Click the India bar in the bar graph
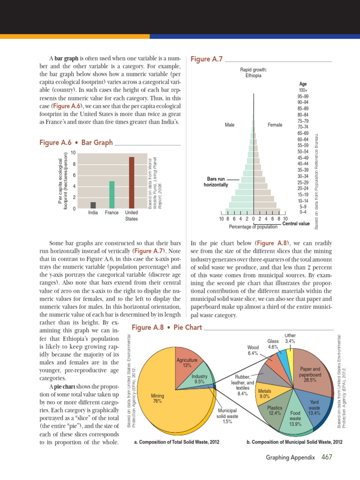pyautogui.click(x=93, y=205)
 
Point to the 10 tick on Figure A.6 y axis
pyautogui.click(x=73, y=153)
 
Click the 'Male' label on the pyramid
pyautogui.click(x=230, y=125)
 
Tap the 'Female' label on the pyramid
pyautogui.click(x=275, y=125)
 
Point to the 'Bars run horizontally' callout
pyautogui.click(x=216, y=182)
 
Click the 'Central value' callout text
pyautogui.click(x=296, y=224)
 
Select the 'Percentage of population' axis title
pyautogui.click(x=253, y=227)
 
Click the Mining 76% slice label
pyautogui.click(x=157, y=398)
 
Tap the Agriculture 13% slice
pyautogui.click(x=187, y=362)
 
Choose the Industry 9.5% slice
pyautogui.click(x=200, y=379)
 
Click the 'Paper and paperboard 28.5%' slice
pyautogui.click(x=310, y=375)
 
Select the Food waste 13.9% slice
pyautogui.click(x=295, y=414)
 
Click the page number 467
pyautogui.click(x=327, y=457)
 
